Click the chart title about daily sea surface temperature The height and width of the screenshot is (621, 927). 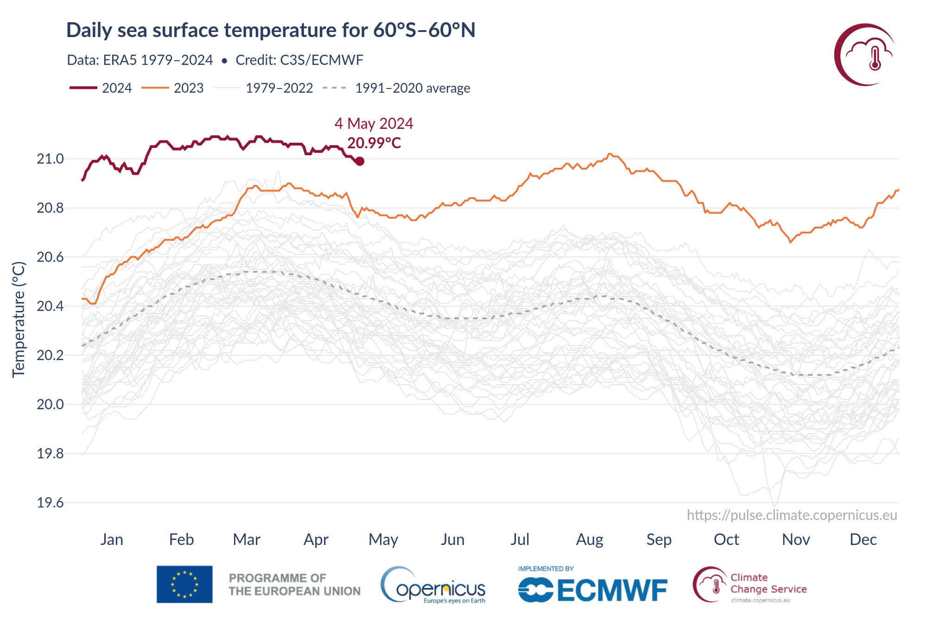tap(271, 31)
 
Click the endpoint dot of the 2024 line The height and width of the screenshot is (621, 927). tap(360, 161)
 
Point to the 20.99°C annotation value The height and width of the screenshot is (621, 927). tap(374, 143)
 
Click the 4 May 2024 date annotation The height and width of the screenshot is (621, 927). tap(374, 124)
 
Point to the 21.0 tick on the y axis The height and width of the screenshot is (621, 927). tap(50, 159)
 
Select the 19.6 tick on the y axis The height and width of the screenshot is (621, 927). tap(50, 502)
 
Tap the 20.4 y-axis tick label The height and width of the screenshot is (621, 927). tap(50, 306)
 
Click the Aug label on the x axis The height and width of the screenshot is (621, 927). tap(590, 539)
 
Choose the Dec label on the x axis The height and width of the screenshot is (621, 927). tap(863, 539)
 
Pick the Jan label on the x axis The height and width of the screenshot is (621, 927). tap(112, 539)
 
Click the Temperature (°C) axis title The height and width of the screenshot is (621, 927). tap(19, 320)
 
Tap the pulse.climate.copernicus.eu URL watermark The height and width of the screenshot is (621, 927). tap(792, 515)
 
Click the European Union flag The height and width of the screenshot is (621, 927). tap(184, 584)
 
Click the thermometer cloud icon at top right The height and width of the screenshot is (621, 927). tap(865, 55)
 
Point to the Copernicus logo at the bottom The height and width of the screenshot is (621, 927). tap(433, 586)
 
